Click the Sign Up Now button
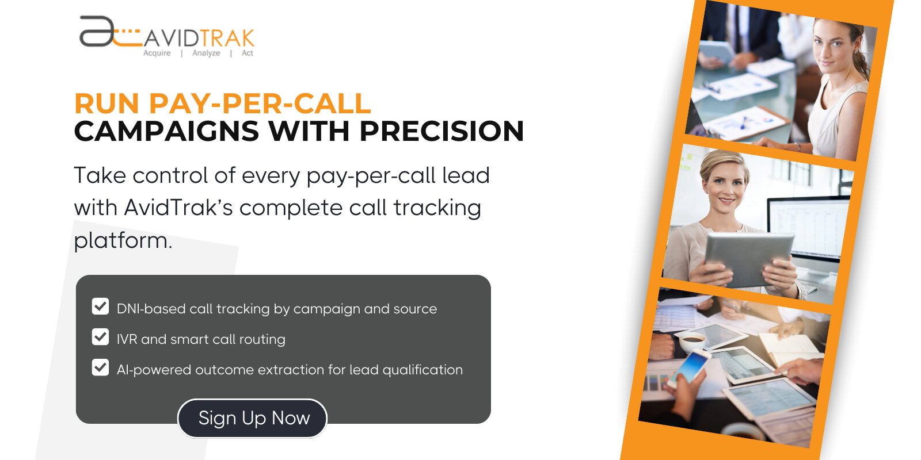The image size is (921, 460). coord(253,418)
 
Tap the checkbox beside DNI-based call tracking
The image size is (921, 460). coord(100,306)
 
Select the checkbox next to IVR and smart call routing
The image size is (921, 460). coord(100,337)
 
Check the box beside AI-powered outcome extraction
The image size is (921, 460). coord(100,367)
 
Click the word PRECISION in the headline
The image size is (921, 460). coord(442,131)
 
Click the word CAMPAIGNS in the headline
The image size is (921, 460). coord(167,131)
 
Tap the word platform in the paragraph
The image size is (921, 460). coord(122,240)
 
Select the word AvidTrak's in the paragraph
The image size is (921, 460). coord(178,208)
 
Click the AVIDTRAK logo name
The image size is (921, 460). coord(199,39)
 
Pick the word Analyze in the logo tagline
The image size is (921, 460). coord(206,53)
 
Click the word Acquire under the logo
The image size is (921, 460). coord(157,53)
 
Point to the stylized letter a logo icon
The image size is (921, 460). coord(98,32)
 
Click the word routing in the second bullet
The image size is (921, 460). coord(262,340)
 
